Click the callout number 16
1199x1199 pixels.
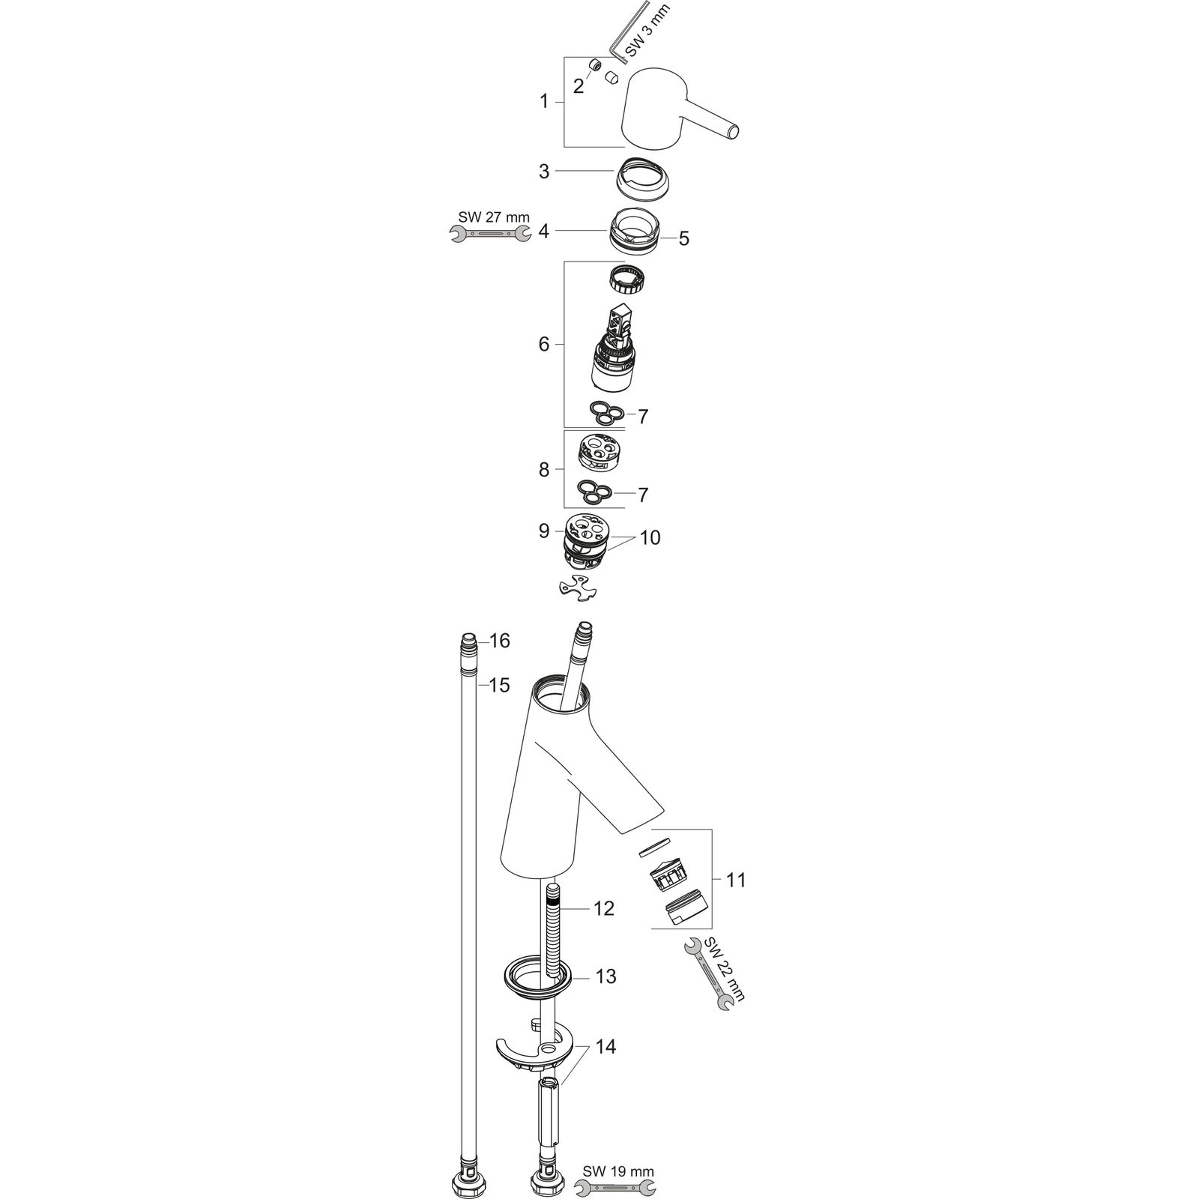(x=500, y=641)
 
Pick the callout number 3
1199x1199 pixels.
(x=544, y=172)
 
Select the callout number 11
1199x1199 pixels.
(x=737, y=879)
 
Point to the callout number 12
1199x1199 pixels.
(x=603, y=908)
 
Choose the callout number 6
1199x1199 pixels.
(x=544, y=344)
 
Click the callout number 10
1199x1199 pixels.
(x=650, y=537)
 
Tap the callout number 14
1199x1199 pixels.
(x=605, y=1047)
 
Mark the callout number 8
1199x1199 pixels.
(x=544, y=470)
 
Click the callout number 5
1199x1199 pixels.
(x=683, y=239)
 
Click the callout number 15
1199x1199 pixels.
(x=500, y=685)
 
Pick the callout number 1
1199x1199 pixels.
(x=545, y=101)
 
